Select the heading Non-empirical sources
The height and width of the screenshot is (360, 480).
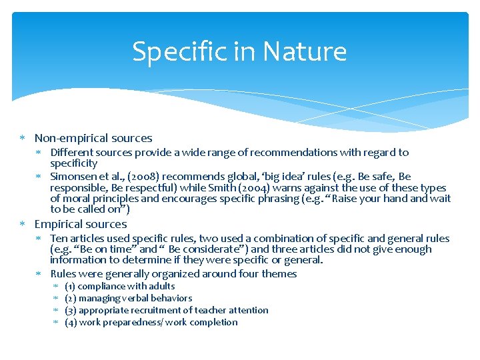(93, 139)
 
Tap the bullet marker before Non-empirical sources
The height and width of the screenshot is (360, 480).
(23, 139)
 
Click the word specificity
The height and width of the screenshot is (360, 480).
(74, 163)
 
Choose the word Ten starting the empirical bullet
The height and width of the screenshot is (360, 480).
(59, 239)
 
